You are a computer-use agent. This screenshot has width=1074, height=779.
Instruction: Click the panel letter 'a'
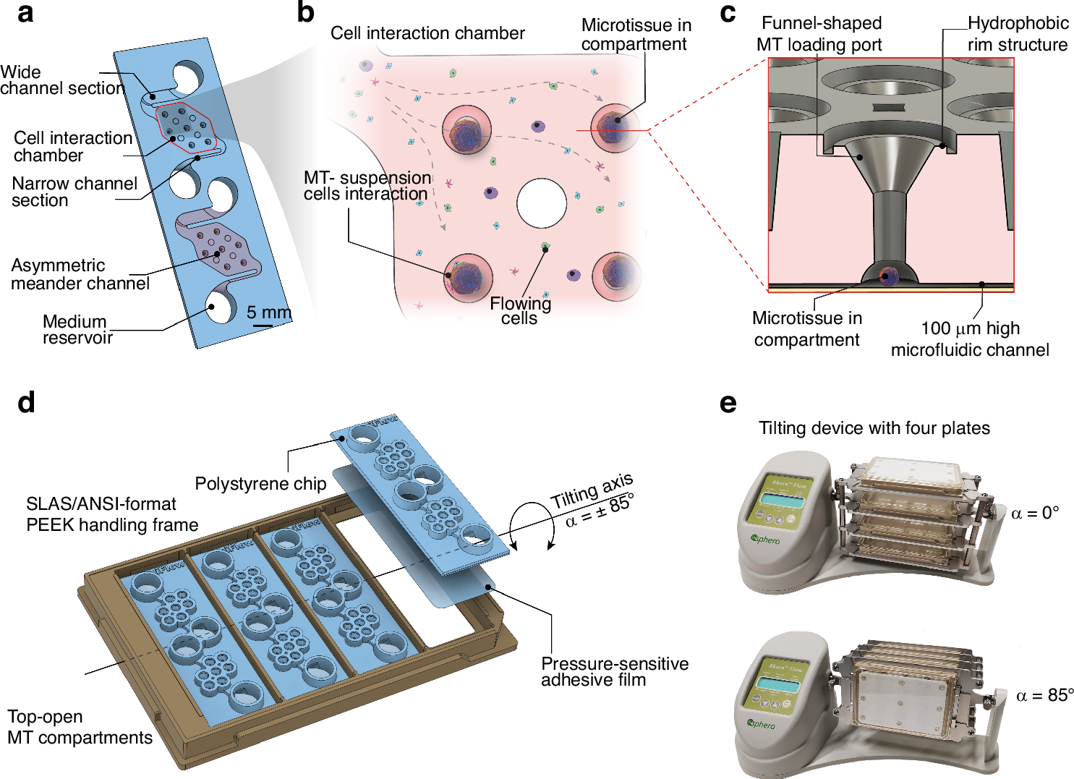pos(25,13)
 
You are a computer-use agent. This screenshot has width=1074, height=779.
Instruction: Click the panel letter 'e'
pos(728,404)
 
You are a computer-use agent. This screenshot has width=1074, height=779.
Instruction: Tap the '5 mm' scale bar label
pos(268,313)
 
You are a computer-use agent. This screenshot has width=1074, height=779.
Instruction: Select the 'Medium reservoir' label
pos(77,330)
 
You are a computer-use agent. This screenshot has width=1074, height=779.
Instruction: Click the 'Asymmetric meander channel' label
pos(80,275)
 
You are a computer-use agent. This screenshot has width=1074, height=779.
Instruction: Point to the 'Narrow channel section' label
pos(74,192)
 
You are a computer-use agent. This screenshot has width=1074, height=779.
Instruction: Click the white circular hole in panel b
pos(542,203)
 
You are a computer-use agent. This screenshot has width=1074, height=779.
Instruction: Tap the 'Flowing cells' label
pos(520,311)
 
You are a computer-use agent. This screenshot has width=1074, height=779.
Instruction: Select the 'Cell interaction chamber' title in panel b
pos(427,33)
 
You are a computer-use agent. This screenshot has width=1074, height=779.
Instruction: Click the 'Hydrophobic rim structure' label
pos(1018,34)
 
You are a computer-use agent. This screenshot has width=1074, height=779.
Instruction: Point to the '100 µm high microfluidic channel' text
pos(970,339)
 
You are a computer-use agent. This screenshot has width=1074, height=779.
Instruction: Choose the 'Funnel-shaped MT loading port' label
pos(820,34)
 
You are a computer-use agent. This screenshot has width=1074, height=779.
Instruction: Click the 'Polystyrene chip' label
pos(260,484)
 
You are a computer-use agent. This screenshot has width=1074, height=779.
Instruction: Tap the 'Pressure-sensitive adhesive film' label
pos(614,672)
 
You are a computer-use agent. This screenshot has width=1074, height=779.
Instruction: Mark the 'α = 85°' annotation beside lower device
pos(1044,696)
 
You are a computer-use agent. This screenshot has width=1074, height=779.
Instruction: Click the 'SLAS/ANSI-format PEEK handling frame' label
pos(112,514)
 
